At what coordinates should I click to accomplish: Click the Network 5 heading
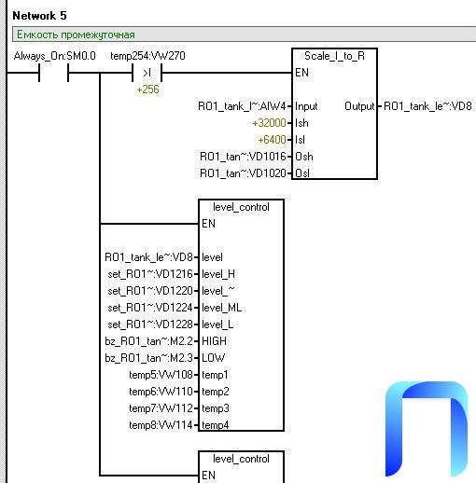point(39,16)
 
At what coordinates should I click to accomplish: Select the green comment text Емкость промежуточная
point(76,34)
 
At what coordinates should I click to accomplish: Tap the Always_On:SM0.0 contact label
point(55,56)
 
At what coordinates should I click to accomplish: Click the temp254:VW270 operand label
point(147,56)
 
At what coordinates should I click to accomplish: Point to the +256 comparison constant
point(147,90)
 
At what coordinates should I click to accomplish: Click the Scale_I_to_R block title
point(334,56)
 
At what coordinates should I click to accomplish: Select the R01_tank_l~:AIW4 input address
point(242,106)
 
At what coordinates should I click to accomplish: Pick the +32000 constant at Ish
point(269,123)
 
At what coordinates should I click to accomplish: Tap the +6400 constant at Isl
point(272,140)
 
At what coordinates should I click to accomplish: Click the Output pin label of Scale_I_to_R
point(359,106)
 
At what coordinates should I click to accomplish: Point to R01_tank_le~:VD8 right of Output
point(427,106)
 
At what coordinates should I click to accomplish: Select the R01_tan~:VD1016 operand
point(243,157)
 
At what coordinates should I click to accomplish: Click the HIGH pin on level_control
point(214,341)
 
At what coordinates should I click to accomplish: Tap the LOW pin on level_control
point(213,358)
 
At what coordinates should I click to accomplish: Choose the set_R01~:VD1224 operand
point(150,308)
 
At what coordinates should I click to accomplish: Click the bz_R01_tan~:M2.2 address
point(148,341)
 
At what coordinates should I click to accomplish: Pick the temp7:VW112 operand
point(161,408)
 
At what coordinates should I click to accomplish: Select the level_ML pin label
point(221,308)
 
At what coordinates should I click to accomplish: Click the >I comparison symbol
point(147,73)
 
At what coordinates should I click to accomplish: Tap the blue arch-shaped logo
point(427,429)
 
